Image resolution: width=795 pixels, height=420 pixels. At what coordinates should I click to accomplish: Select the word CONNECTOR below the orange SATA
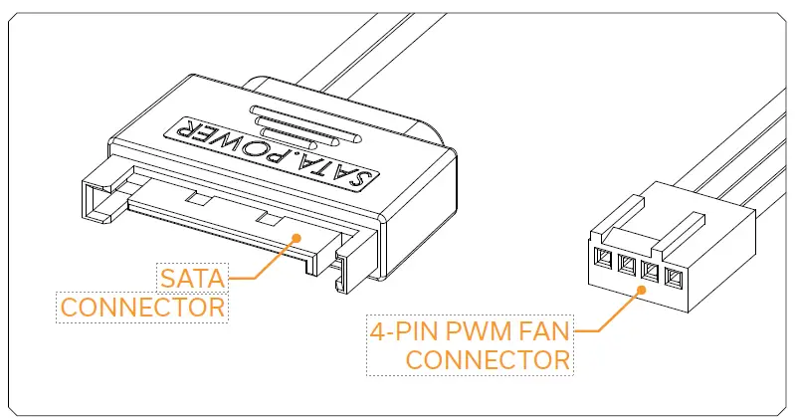[x=142, y=307]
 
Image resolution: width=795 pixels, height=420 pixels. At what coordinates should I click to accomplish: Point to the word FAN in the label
[x=543, y=330]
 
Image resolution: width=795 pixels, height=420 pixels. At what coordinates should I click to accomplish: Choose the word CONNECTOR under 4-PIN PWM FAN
[x=489, y=359]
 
